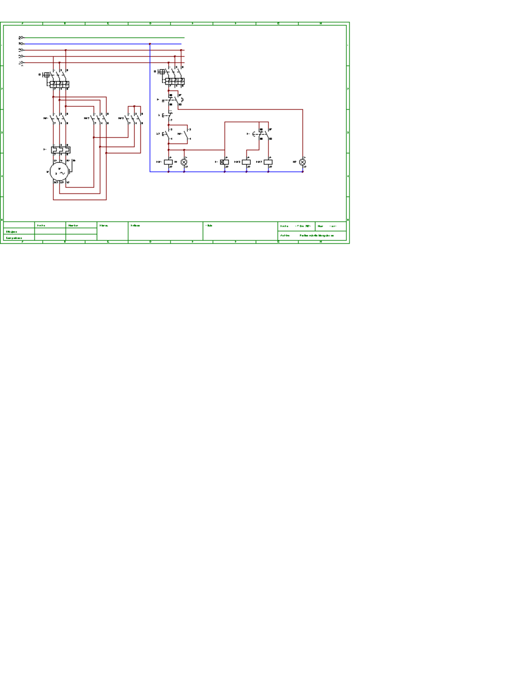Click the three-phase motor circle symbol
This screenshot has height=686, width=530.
[59, 172]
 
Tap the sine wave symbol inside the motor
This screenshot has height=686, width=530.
[62, 174]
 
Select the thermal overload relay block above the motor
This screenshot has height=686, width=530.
[61, 150]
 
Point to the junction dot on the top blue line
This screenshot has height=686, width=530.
[150, 44]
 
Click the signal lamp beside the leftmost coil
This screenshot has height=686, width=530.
[184, 162]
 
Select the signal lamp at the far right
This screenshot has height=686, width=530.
[303, 162]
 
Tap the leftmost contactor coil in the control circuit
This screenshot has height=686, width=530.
[168, 162]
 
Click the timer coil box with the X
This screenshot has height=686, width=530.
[225, 162]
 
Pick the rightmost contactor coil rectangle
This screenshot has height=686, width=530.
[268, 162]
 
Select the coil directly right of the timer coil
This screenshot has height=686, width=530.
[246, 162]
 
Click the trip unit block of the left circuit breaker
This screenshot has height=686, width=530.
[60, 83]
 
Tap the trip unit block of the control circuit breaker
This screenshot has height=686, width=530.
[175, 81]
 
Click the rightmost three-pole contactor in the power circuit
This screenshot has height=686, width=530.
[134, 118]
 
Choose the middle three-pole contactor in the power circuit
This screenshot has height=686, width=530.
[100, 118]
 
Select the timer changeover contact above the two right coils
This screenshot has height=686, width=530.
[264, 134]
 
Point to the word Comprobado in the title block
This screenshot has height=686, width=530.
[14, 238]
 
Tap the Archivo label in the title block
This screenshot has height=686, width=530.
[285, 235]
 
